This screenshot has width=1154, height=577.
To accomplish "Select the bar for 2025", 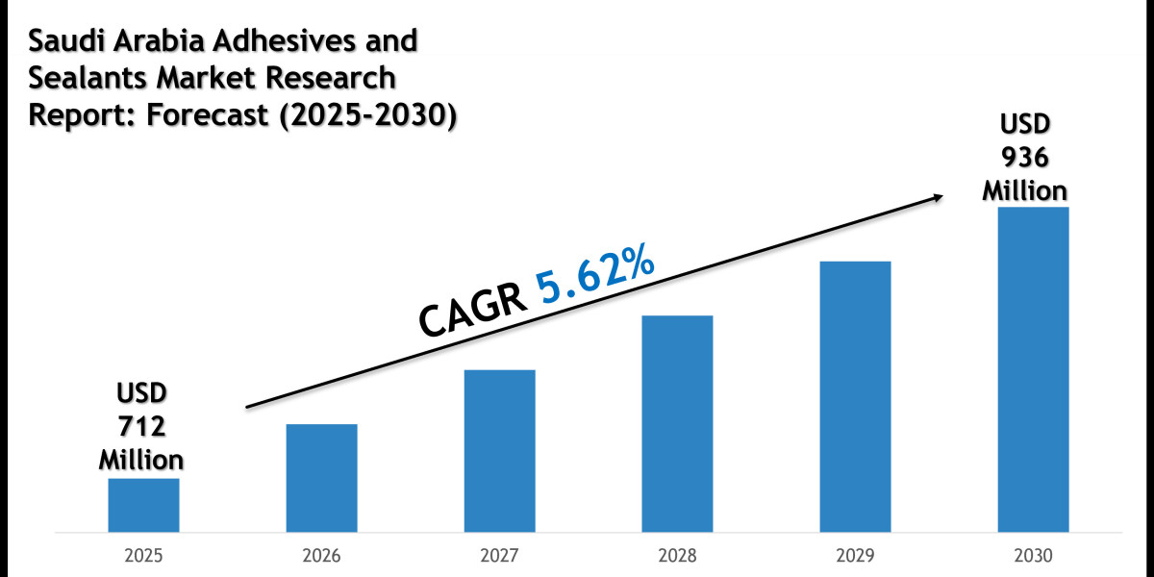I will tap(143, 505).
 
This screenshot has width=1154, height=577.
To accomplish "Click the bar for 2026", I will tap(321, 478).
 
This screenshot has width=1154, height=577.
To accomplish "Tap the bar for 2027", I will tap(499, 450).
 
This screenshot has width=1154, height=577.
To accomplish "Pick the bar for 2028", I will tap(677, 423).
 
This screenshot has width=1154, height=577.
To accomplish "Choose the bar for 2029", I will tap(855, 396).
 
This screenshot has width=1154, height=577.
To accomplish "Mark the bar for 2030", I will tap(1033, 369).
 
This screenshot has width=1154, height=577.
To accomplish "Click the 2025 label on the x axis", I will tap(143, 557).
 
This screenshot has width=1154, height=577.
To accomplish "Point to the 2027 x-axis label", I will tap(499, 557).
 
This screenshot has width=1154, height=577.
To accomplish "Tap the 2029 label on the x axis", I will tap(855, 557).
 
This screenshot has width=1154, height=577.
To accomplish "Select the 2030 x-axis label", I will tap(1033, 557).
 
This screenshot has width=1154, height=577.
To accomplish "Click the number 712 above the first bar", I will tap(140, 426).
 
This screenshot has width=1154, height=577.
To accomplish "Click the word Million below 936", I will tap(1024, 190).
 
